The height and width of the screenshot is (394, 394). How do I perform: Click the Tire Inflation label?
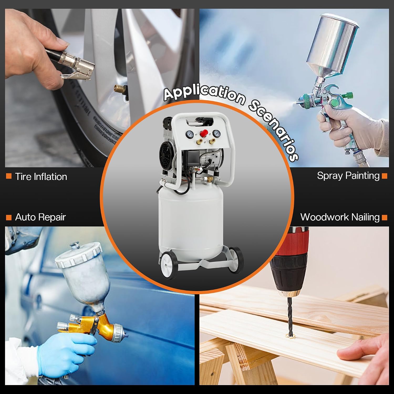click(x=41, y=177)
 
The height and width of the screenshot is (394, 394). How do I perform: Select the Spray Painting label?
click(x=348, y=175)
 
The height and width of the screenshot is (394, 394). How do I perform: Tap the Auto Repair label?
click(x=40, y=217)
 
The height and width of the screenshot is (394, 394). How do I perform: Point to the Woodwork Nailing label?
click(x=340, y=217)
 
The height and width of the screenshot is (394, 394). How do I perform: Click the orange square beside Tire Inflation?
click(x=9, y=176)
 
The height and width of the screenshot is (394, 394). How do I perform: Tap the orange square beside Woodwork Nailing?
click(x=385, y=217)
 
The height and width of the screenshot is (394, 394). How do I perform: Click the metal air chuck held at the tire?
click(x=76, y=66)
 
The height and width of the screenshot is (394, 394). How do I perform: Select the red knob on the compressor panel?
click(x=204, y=133)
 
